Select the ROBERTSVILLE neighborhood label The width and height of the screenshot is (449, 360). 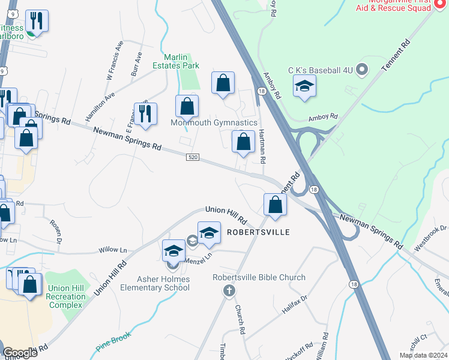point(258,232)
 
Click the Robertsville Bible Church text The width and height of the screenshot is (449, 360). point(259,277)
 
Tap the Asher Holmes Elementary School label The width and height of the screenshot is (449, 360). point(163,283)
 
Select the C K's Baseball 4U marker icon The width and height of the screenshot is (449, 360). point(361,70)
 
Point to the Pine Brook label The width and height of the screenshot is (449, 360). point(113,347)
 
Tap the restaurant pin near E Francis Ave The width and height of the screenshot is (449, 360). point(145,113)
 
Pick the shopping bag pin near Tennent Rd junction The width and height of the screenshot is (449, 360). point(275,205)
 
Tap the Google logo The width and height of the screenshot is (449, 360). point(19,353)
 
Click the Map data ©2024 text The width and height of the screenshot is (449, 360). point(423,355)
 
